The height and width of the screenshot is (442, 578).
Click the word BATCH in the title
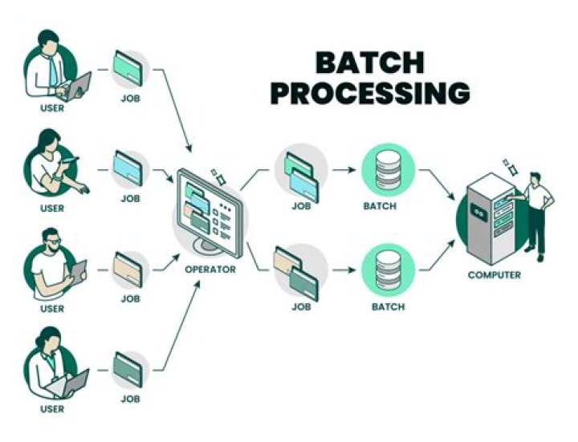pos(369,63)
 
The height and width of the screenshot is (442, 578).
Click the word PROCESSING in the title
pos(369,93)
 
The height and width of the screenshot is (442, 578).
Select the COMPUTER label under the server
pos(494,275)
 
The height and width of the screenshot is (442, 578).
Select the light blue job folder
pos(130,169)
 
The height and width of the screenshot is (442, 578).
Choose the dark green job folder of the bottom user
pos(130,370)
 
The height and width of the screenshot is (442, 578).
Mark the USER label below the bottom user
pos(51,409)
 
